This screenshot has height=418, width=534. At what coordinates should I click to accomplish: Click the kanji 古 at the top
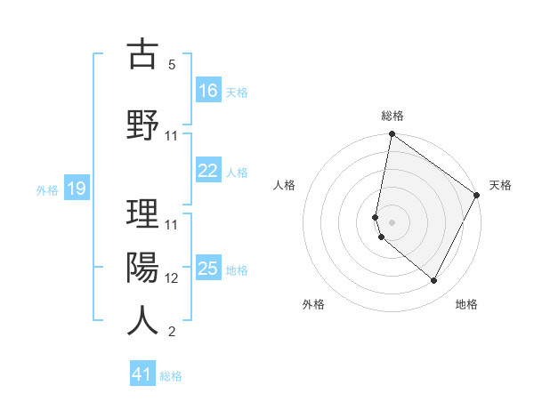tap(142, 55)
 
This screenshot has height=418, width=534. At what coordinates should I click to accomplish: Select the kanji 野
tap(142, 125)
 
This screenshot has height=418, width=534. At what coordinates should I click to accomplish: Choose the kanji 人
tap(142, 319)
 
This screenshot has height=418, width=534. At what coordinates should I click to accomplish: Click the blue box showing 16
tap(208, 91)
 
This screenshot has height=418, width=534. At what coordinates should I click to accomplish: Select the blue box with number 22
tap(208, 172)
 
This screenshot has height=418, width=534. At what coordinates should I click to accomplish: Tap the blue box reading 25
tap(208, 269)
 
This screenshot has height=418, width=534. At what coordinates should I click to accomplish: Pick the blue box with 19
tap(76, 189)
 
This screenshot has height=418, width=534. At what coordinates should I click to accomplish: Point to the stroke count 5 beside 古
tap(172, 66)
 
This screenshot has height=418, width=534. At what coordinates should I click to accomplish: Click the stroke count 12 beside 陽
tap(172, 277)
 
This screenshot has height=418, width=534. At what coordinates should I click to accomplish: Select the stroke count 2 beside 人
tap(172, 332)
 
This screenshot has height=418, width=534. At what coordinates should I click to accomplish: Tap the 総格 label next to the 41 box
tap(171, 376)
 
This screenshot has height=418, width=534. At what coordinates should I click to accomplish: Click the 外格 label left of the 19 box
tap(47, 189)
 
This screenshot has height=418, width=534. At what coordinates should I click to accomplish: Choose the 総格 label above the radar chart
tap(392, 116)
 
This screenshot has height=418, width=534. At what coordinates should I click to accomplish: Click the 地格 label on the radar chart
tap(466, 304)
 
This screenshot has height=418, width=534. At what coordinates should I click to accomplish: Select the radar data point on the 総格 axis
tap(392, 135)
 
